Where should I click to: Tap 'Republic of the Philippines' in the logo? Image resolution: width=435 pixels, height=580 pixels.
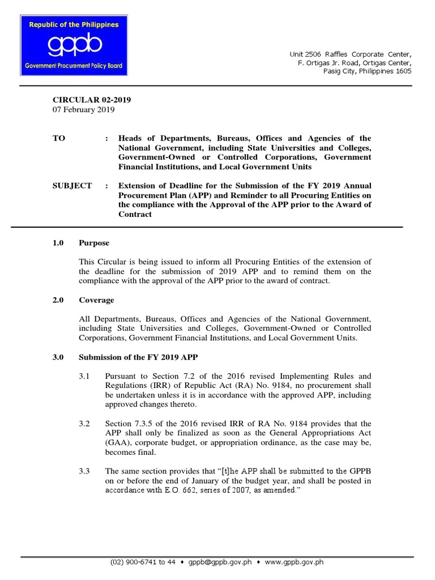click(x=72, y=25)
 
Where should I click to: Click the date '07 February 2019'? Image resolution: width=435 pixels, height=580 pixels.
click(x=83, y=110)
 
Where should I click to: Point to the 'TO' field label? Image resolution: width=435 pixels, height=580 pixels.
click(x=59, y=138)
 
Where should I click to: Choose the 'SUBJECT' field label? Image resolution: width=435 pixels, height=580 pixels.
click(x=72, y=186)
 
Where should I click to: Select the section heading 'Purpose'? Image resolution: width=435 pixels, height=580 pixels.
click(x=94, y=243)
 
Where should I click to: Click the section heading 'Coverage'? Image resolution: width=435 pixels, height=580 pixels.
click(x=96, y=300)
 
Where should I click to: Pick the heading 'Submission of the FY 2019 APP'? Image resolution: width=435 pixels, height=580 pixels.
click(x=138, y=357)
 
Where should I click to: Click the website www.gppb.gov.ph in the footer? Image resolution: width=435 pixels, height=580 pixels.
click(x=293, y=562)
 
